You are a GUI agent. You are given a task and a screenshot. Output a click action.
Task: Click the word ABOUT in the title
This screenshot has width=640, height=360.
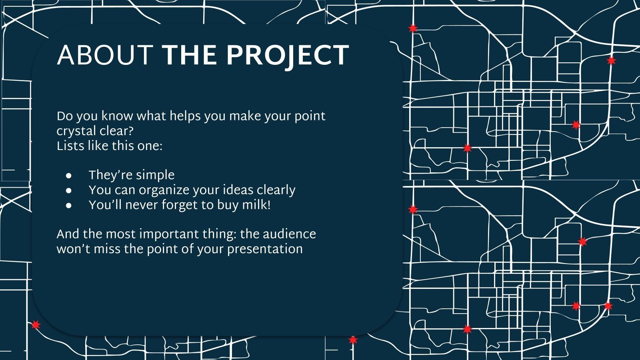[x=105, y=55]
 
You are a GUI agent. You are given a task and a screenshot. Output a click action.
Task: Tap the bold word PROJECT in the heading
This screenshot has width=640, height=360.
[x=288, y=55]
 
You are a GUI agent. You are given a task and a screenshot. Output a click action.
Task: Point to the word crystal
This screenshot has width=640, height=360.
[x=75, y=131]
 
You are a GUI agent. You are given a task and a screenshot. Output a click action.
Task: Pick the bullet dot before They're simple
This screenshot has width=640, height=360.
[x=69, y=175]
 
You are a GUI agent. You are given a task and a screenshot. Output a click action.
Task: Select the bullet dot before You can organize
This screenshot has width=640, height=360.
[x=69, y=190]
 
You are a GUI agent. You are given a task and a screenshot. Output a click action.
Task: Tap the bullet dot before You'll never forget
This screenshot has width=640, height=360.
[x=69, y=205]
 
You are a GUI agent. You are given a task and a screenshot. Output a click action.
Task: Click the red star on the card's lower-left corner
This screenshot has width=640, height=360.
[x=36, y=325]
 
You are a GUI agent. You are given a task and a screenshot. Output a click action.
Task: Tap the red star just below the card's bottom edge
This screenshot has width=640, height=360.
[x=353, y=340]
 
